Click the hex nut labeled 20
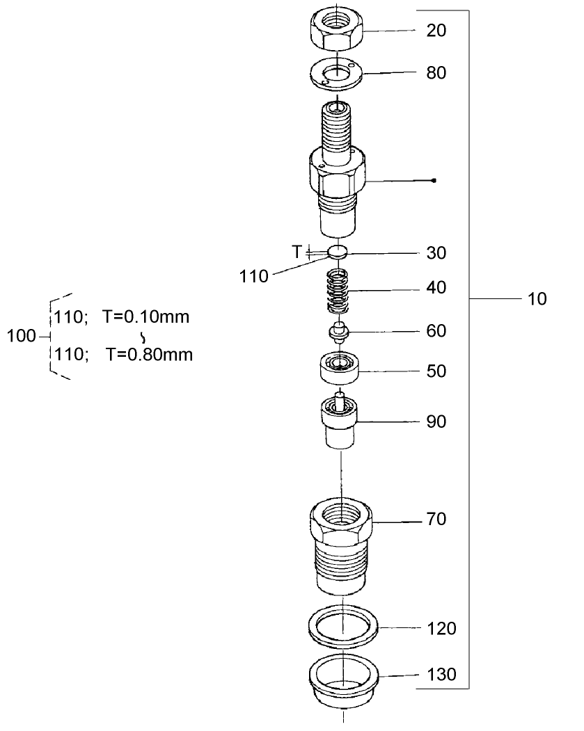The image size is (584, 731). pyautogui.click(x=336, y=30)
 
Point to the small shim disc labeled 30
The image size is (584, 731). pyautogui.click(x=338, y=252)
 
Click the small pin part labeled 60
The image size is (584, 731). pyautogui.click(x=338, y=332)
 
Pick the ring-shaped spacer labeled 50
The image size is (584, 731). pyautogui.click(x=340, y=367)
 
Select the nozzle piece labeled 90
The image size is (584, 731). pyautogui.click(x=340, y=420)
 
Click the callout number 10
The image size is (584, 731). pyautogui.click(x=537, y=300)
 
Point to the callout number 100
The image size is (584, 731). pyautogui.click(x=20, y=337)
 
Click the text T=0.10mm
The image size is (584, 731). pyautogui.click(x=145, y=317)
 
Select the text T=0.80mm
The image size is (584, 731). pyautogui.click(x=149, y=355)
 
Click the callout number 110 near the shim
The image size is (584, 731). pyautogui.click(x=254, y=277)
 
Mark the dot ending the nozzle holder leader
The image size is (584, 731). pyautogui.click(x=434, y=181)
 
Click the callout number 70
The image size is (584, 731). pyautogui.click(x=436, y=520)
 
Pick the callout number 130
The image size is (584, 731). pyautogui.click(x=441, y=674)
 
